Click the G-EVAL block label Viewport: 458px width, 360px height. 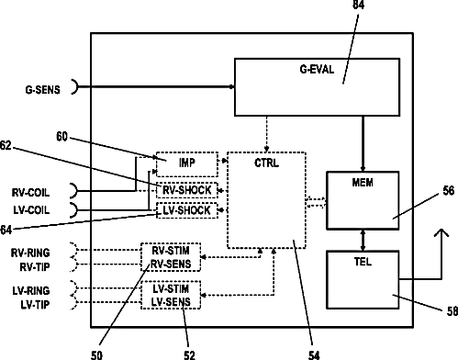pyautogui.click(x=317, y=70)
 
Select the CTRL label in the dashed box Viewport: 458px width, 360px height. pyautogui.click(x=266, y=163)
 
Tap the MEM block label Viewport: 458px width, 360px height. pyautogui.click(x=363, y=183)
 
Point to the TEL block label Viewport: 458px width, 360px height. pyautogui.click(x=363, y=262)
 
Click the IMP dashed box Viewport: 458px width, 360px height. pyautogui.click(x=187, y=164)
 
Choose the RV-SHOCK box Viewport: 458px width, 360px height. pyautogui.click(x=187, y=190)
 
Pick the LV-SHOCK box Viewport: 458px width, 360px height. pyautogui.click(x=187, y=210)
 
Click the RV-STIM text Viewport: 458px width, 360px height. pyautogui.click(x=171, y=251)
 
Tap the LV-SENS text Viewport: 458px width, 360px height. pyautogui.click(x=171, y=302)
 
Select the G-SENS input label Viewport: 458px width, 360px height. pyautogui.click(x=42, y=90)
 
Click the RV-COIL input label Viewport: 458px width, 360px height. pyautogui.click(x=30, y=193)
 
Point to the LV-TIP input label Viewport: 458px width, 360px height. pyautogui.click(x=35, y=305)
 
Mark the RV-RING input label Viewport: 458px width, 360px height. pyautogui.click(x=30, y=253)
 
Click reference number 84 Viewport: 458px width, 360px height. pyautogui.click(x=358, y=5)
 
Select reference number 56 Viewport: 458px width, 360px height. pyautogui.click(x=449, y=191)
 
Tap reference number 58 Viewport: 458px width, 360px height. pyautogui.click(x=452, y=311)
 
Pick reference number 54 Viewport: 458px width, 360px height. pyautogui.click(x=314, y=354)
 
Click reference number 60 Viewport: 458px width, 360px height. pyautogui.click(x=61, y=137)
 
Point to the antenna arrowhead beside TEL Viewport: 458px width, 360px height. pyautogui.click(x=441, y=232)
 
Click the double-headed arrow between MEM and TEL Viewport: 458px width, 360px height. pyautogui.click(x=363, y=240)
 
